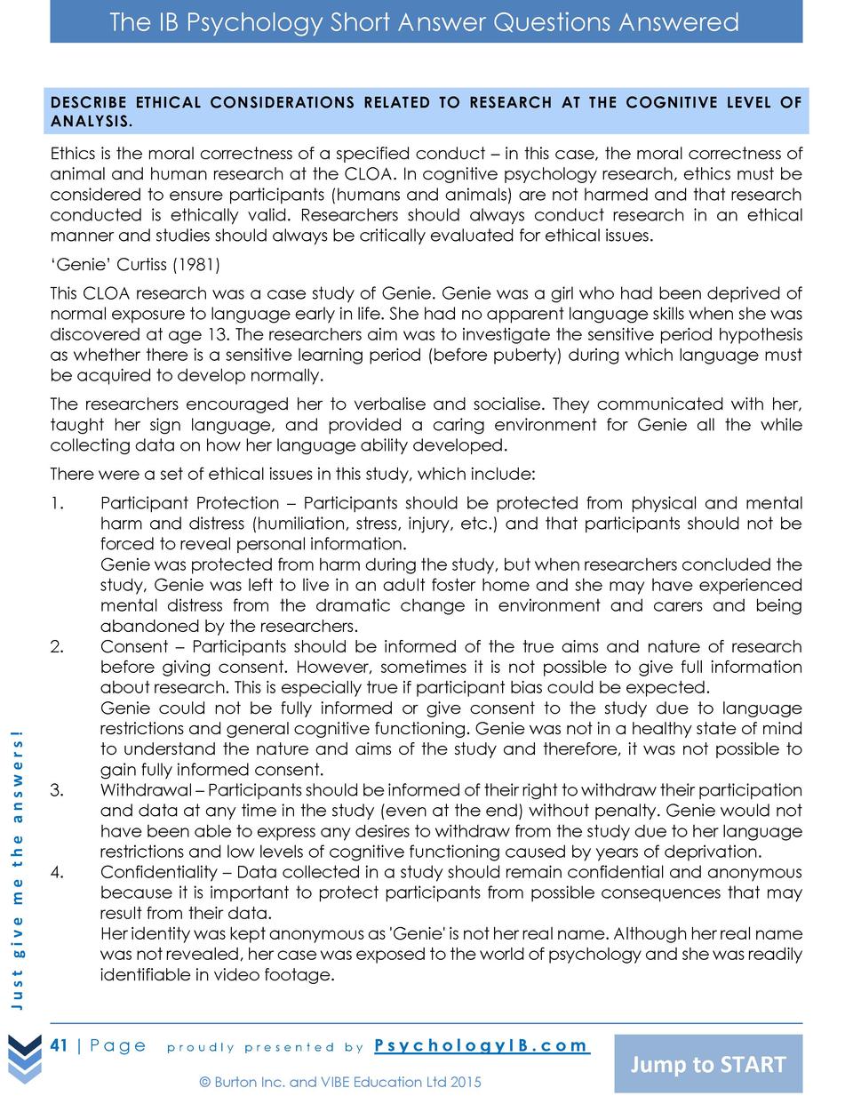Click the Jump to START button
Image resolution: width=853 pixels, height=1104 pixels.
point(708,1064)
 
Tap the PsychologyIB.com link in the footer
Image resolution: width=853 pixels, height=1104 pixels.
point(482,1045)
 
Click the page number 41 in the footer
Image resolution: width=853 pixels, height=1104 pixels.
point(60,1045)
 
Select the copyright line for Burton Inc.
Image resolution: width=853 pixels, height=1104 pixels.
point(340,1082)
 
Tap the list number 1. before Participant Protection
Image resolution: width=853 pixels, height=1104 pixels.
point(57,503)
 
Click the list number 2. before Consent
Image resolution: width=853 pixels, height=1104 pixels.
point(57,646)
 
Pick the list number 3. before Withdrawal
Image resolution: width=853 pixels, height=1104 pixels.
point(57,790)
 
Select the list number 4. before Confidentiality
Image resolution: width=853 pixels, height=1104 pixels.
point(57,872)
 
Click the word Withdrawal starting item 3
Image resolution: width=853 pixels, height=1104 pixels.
point(146,790)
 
